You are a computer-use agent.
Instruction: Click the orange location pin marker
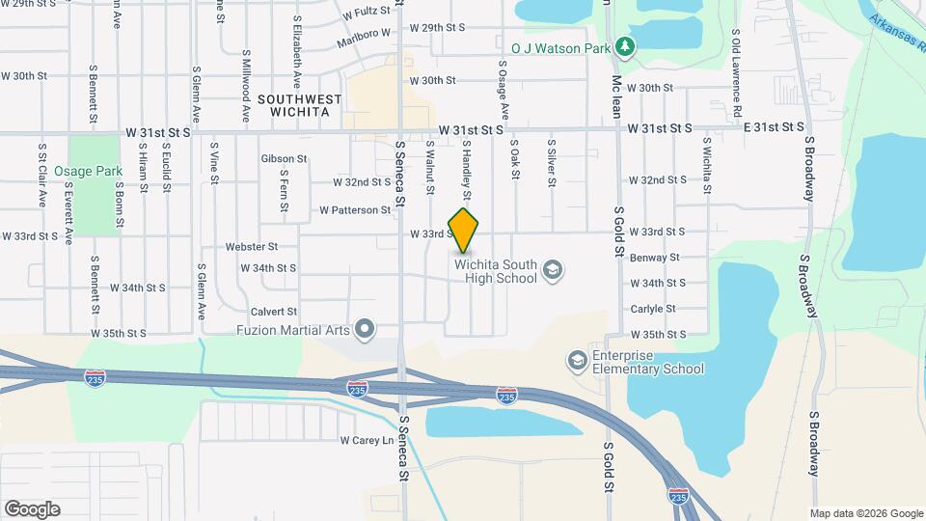click(464, 230)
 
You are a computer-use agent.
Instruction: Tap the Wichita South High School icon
click(553, 268)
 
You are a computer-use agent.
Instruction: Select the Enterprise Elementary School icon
click(577, 361)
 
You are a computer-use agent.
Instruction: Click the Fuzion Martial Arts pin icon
click(365, 330)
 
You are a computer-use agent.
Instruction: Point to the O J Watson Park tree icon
click(625, 45)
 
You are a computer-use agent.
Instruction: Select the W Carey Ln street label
click(368, 440)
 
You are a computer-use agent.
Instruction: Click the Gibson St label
click(284, 158)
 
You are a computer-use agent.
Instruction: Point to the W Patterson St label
click(354, 209)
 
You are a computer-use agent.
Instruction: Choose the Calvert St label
click(274, 312)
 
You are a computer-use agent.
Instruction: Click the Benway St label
click(655, 258)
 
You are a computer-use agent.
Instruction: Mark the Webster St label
click(251, 247)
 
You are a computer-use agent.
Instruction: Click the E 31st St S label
click(778, 126)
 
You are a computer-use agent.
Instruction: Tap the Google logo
click(32, 509)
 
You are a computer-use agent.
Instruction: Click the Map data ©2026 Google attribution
click(866, 513)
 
